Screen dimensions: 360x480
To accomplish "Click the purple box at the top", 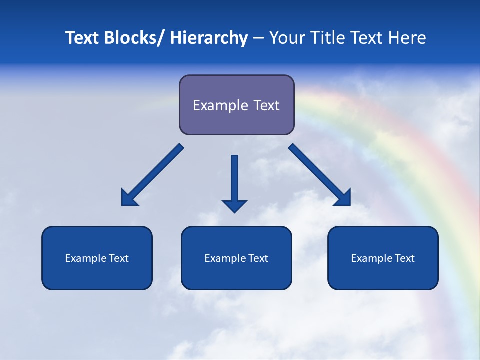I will pyautogui.click(x=236, y=105).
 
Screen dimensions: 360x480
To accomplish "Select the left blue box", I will pyautogui.click(x=97, y=258).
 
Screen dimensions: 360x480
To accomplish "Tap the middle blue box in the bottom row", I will pyautogui.click(x=236, y=258).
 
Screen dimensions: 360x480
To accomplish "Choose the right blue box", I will pyautogui.click(x=383, y=258).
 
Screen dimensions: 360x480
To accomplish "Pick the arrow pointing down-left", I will pyautogui.click(x=152, y=175).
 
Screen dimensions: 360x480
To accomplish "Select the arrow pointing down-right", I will pyautogui.click(x=320, y=175).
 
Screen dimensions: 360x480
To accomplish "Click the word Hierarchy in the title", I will pyautogui.click(x=209, y=38).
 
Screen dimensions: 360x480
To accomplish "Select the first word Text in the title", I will pyautogui.click(x=83, y=38).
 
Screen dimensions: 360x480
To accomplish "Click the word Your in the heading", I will pyautogui.click(x=286, y=38).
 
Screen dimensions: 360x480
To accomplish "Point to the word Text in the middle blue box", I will pyautogui.click(x=258, y=258).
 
